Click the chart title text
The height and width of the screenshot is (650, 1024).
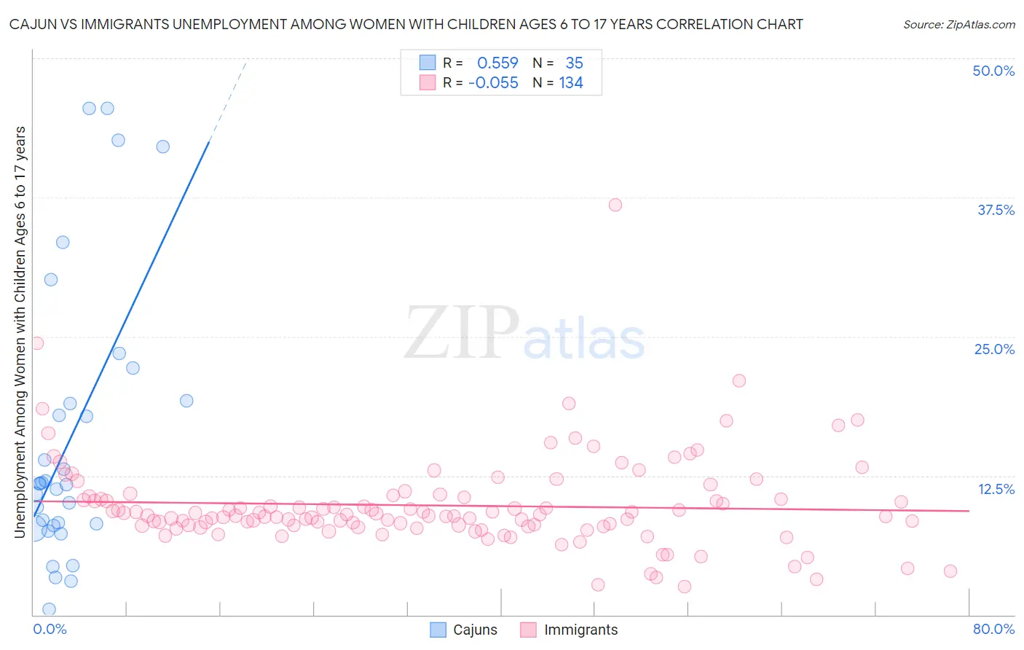406,24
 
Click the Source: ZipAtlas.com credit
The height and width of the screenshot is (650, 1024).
958,24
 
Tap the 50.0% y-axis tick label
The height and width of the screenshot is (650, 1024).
993,71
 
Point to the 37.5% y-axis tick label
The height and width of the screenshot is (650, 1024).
996,210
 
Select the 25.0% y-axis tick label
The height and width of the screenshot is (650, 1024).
994,349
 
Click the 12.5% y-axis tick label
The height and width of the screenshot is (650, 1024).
996,489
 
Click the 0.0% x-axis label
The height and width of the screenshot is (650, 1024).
50,629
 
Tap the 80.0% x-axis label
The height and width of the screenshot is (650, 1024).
993,629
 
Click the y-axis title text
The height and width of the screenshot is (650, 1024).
20,332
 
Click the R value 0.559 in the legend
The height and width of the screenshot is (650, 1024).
497,63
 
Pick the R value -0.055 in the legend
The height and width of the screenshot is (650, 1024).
493,83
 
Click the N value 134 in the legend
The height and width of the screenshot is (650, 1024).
571,83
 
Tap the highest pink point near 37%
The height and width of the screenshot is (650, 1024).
615,205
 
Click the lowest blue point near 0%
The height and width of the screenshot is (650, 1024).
49,609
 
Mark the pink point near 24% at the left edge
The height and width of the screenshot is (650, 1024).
36,343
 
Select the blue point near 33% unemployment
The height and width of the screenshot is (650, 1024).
63,242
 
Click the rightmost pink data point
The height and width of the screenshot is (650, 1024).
950,571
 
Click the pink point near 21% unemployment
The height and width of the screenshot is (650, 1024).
739,380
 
